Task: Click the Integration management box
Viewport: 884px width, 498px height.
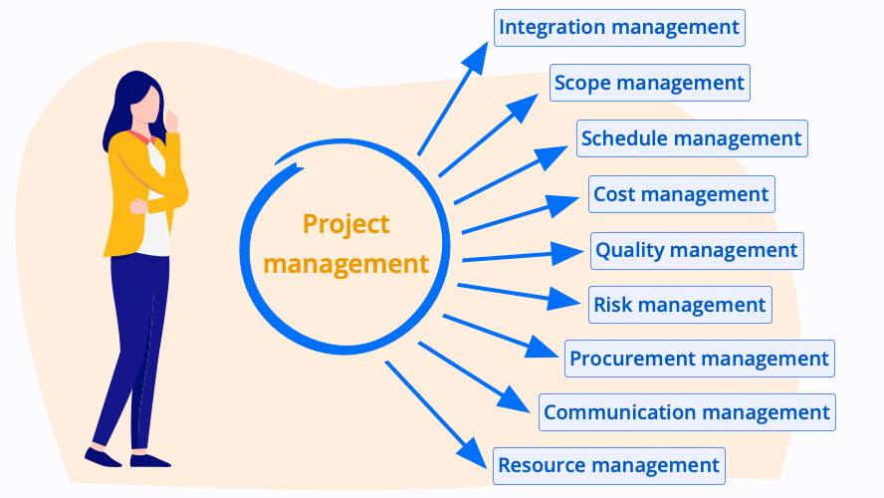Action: click(619, 28)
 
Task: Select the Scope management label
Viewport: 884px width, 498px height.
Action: click(649, 83)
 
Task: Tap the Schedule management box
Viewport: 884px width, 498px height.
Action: click(692, 138)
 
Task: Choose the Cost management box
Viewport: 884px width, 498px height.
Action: click(682, 194)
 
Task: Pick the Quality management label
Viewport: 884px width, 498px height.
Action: click(697, 250)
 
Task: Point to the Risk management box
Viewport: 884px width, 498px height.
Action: click(680, 305)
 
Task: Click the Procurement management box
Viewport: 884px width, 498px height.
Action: click(699, 359)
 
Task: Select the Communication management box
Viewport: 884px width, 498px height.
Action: click(687, 412)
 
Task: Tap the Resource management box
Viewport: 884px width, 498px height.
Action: click(609, 466)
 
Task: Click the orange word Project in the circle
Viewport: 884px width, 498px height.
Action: click(345, 225)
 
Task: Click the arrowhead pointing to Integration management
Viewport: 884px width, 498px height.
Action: click(477, 57)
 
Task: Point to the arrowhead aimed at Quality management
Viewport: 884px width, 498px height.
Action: click(566, 253)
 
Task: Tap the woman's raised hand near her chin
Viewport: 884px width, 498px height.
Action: click(171, 122)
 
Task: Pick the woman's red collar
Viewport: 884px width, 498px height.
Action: click(141, 137)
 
